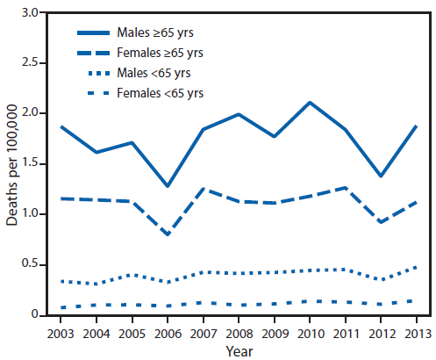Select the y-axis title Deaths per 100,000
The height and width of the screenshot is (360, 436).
tap(12, 164)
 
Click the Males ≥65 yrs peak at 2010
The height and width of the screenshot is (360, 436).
tap(309, 103)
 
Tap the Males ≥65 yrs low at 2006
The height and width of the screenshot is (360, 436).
tap(168, 186)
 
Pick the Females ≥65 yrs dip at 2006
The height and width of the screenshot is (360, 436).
tap(168, 234)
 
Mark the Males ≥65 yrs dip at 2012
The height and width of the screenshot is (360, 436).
tap(379, 176)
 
